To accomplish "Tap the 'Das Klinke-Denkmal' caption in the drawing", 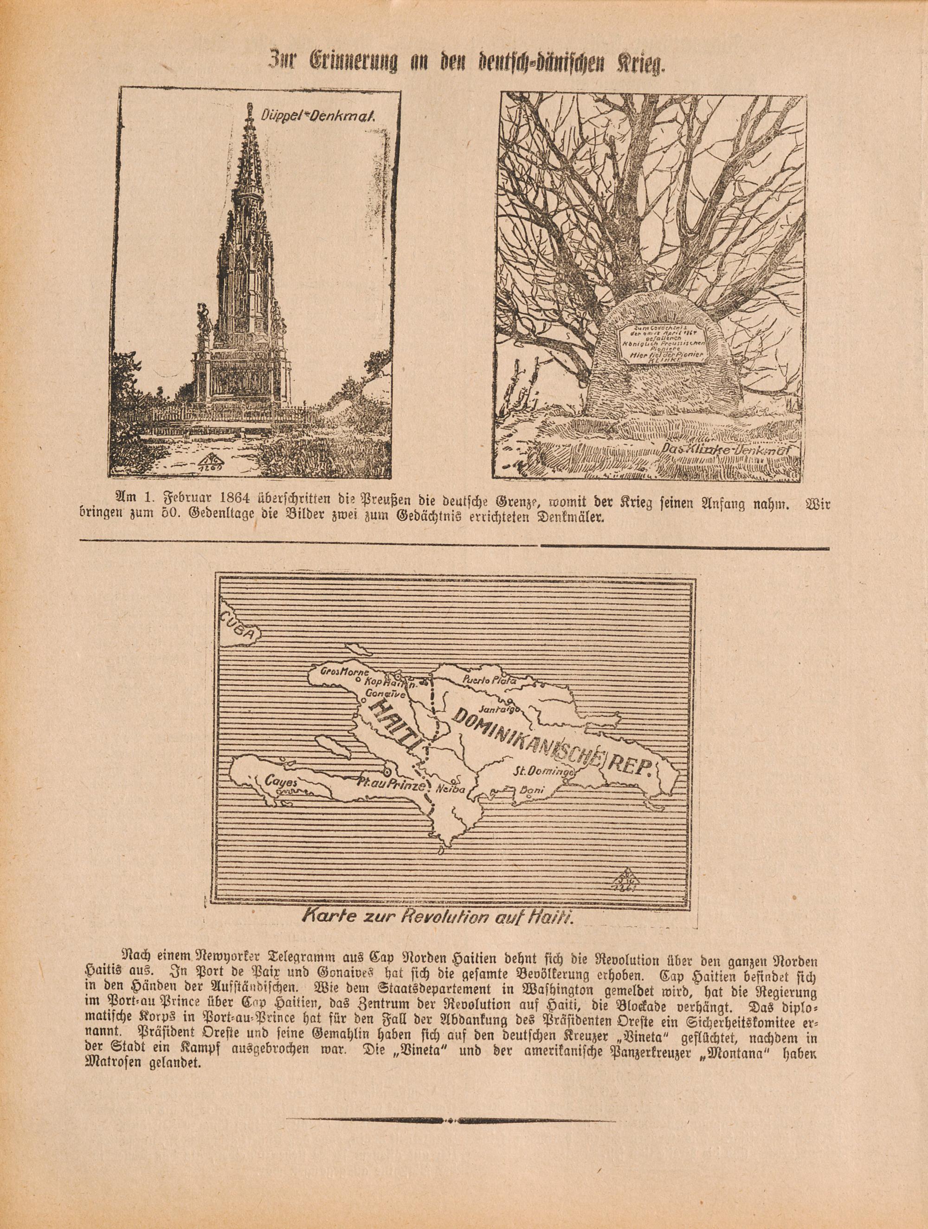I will [x=726, y=450].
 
